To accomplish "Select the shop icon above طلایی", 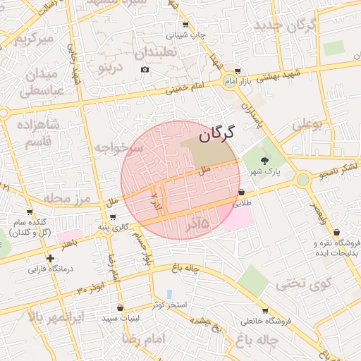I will click(x=241, y=192).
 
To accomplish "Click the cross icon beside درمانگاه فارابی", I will click(x=50, y=259).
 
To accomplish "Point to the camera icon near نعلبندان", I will click(x=145, y=69).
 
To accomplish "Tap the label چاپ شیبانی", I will click(x=186, y=35).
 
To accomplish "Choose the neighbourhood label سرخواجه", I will click(x=119, y=147).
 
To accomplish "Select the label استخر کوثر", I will click(x=169, y=305).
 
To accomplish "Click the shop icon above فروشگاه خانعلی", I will click(x=264, y=310).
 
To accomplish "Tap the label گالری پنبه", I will click(x=112, y=227).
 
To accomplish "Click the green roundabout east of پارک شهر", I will click(x=303, y=179).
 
